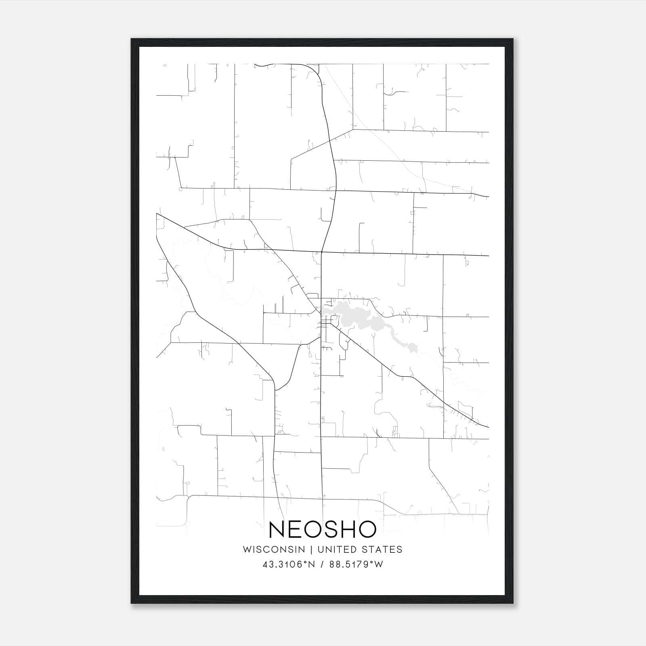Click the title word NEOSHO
[x=322, y=529]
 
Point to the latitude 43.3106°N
[x=289, y=564]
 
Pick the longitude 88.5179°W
[x=356, y=564]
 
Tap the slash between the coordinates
[x=322, y=564]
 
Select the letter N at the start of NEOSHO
[x=277, y=529]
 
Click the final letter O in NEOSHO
[x=366, y=529]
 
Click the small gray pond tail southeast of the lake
[x=413, y=347]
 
